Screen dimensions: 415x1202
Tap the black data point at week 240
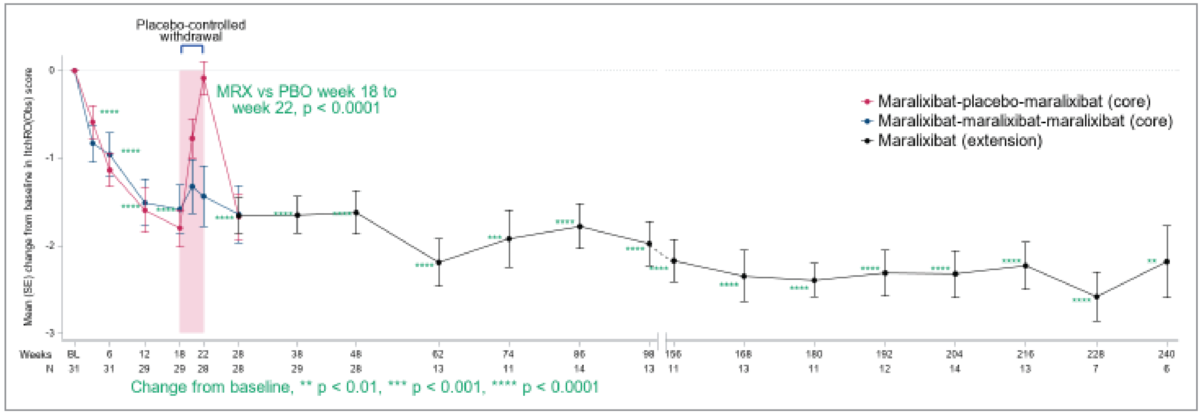click(1167, 261)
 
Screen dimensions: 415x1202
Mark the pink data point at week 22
click(203, 79)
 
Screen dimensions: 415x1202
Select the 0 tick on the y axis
click(51, 70)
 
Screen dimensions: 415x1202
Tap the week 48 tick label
click(355, 354)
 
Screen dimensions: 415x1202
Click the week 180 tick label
click(814, 354)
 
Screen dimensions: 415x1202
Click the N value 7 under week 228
click(1096, 369)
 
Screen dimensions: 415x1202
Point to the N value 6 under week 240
click(1166, 369)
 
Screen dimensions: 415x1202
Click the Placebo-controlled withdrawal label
click(191, 30)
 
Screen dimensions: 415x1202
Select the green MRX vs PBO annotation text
click(306, 100)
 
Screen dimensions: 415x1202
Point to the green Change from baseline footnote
click(365, 387)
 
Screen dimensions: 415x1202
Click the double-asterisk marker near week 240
click(1152, 261)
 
